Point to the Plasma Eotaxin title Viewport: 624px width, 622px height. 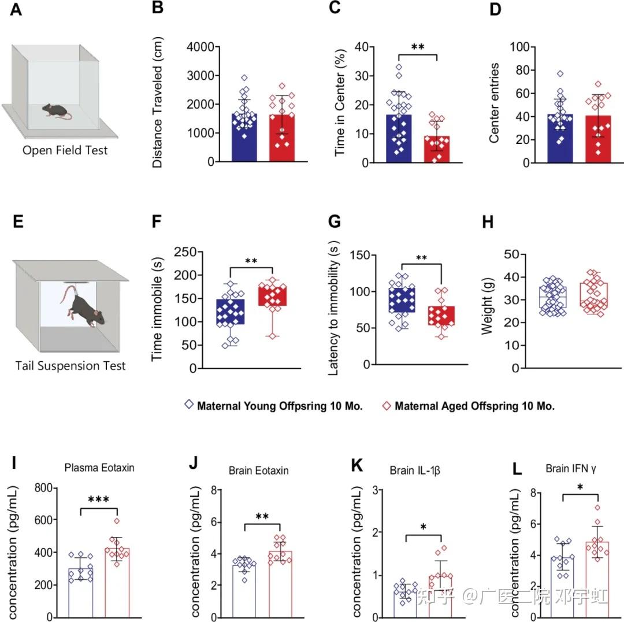(99, 468)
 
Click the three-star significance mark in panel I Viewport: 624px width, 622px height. (99, 499)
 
